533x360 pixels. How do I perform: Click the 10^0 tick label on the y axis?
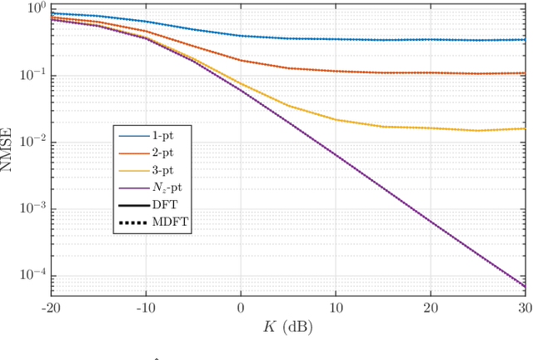(36, 9)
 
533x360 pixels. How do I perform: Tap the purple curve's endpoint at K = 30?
(526, 287)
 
